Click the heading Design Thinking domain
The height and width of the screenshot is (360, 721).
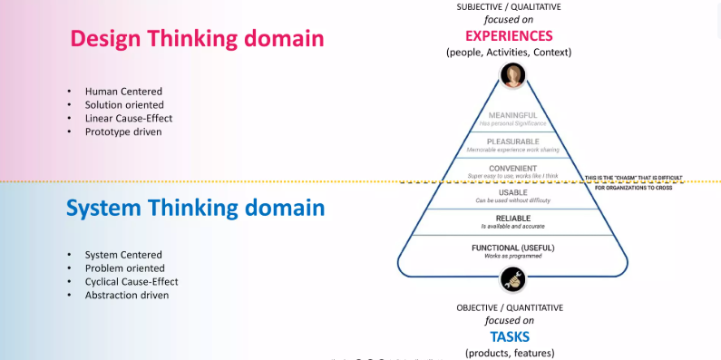(197, 38)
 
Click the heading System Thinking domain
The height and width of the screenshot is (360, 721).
(195, 208)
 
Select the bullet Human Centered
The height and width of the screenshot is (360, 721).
(124, 92)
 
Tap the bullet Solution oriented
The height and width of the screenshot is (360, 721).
(126, 105)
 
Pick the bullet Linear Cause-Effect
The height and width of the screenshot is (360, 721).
(129, 118)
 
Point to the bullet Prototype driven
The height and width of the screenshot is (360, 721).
(124, 131)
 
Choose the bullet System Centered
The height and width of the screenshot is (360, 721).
(123, 255)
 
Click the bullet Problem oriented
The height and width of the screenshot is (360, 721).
(125, 268)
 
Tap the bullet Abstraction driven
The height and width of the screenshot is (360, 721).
(126, 295)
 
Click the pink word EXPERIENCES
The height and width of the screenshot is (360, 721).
(509, 36)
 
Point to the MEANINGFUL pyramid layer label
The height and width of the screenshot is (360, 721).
(513, 115)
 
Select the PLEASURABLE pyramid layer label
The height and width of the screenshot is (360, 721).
(513, 141)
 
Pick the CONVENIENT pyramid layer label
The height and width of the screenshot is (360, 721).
(513, 168)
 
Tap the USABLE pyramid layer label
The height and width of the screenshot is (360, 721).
(513, 193)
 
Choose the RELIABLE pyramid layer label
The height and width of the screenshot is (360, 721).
(513, 219)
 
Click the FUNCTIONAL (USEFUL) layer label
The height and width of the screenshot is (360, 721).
(513, 248)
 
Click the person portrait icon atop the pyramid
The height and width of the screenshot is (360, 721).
(513, 75)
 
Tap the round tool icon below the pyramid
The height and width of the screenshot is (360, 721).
(513, 278)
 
